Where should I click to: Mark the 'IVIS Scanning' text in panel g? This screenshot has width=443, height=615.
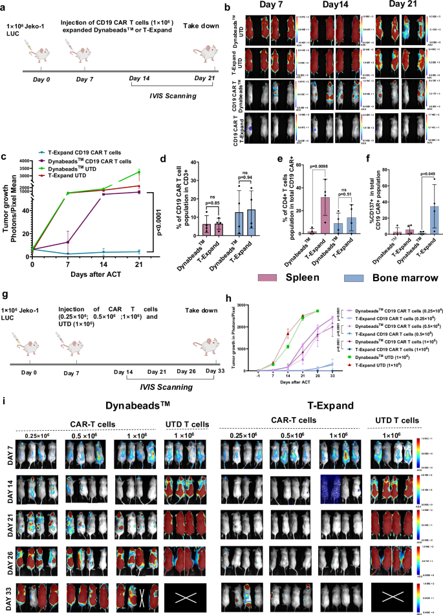[x=161, y=387]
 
